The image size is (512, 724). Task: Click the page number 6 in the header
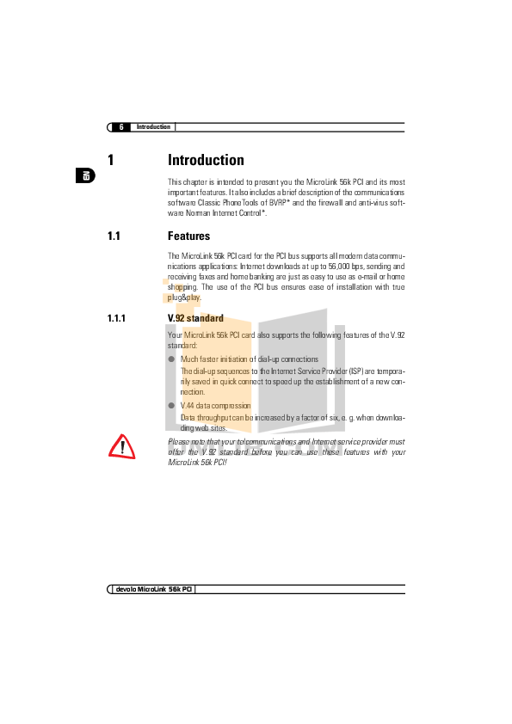coord(121,127)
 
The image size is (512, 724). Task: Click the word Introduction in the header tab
coord(153,126)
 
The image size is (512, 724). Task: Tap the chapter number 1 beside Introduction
coord(111,160)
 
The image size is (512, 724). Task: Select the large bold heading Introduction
coord(206,160)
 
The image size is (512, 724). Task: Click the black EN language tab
coord(85,175)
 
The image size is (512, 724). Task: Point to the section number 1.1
coord(114,236)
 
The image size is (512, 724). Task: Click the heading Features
coord(188,236)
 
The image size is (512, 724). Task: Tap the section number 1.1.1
coord(116,318)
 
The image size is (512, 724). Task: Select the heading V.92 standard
coord(195,318)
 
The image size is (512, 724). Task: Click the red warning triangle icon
coord(122,447)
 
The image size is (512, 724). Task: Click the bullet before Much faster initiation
coord(171,359)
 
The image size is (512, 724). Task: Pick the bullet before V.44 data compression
coord(171,405)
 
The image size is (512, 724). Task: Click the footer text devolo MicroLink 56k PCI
coord(154,589)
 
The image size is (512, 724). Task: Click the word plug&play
coord(184,298)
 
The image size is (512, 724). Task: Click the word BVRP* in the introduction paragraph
coord(280,203)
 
